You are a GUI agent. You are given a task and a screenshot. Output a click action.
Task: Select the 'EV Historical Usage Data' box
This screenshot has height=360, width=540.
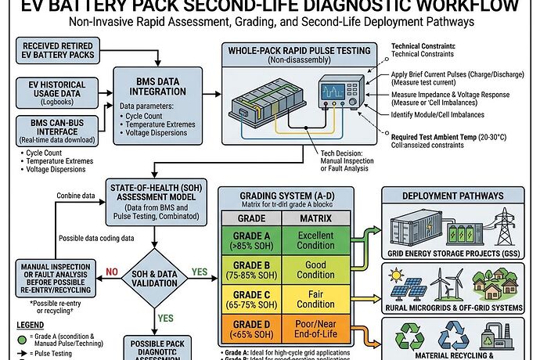tap(54, 93)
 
